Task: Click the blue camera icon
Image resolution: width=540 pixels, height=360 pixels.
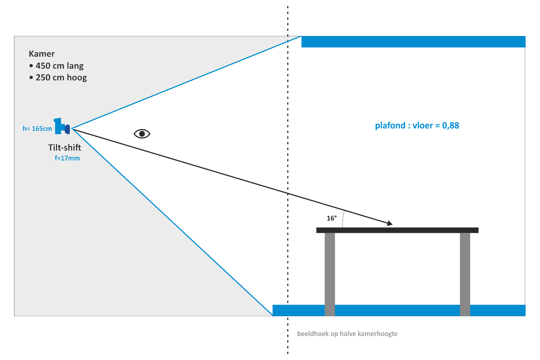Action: [x=61, y=126]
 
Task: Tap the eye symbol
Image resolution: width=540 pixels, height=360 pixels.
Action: [x=142, y=133]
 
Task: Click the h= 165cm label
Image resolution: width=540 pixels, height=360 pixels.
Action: [x=37, y=129]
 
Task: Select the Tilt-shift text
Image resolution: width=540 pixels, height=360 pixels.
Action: [x=64, y=148]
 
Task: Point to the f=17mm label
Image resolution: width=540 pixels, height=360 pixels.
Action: [x=67, y=158]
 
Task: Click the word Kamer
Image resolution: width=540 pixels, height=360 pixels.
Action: [x=42, y=54]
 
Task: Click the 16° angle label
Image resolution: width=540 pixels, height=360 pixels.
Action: [x=331, y=218]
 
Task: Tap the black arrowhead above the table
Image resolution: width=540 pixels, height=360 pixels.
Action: [x=389, y=223]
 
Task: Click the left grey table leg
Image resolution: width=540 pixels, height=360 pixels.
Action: [x=330, y=273]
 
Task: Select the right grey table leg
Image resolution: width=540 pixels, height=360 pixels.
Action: [x=465, y=273]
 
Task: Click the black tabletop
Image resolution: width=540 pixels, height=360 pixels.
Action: [x=397, y=230]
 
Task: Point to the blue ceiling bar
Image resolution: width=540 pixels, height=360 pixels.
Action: [x=413, y=42]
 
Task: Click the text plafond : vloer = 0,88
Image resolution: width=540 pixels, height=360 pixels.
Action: [x=417, y=125]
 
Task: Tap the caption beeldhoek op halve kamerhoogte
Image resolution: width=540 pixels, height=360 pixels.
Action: [x=347, y=334]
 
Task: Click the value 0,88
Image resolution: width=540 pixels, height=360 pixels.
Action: [x=451, y=125]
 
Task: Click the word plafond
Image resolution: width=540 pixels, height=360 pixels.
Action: [x=390, y=125]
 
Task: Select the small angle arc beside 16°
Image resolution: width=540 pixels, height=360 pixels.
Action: [x=343, y=219]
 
